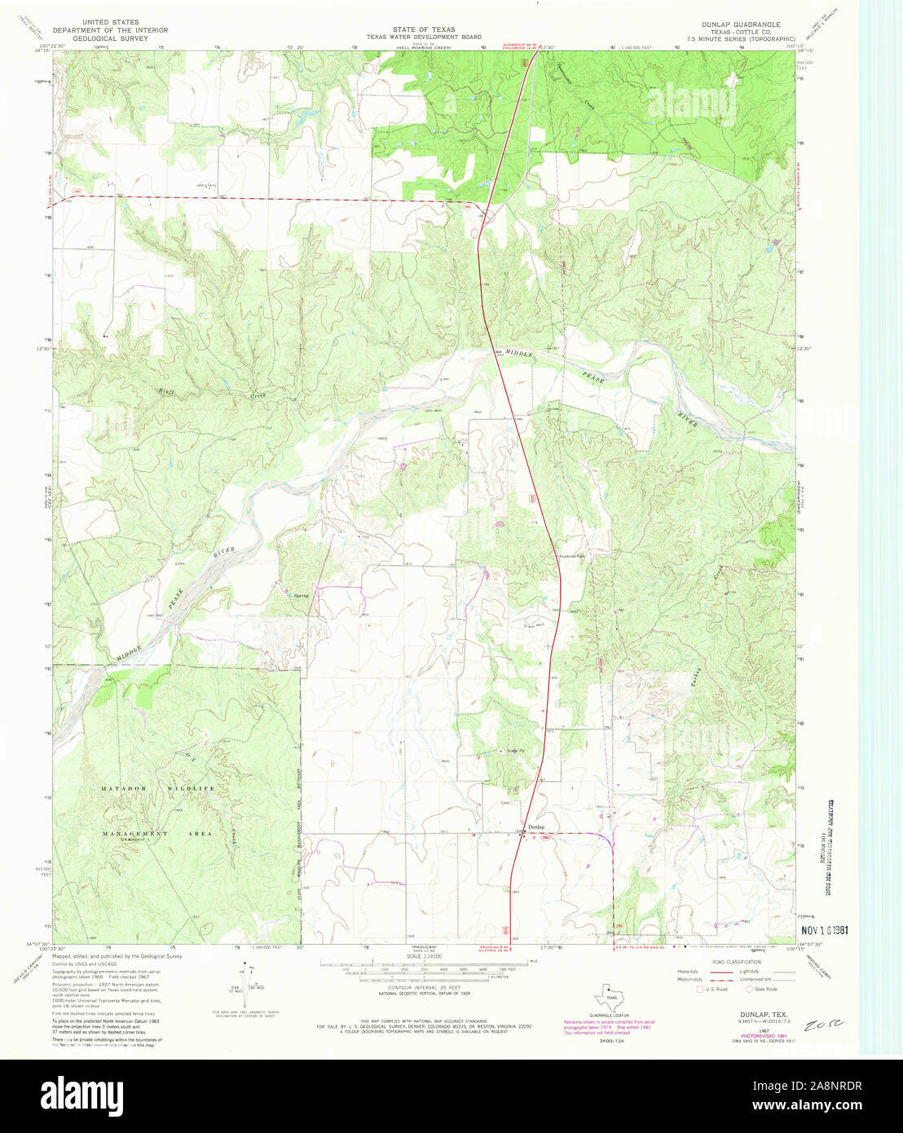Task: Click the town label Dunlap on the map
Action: [535, 827]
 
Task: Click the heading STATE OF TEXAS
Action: [423, 29]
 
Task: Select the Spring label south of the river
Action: [302, 596]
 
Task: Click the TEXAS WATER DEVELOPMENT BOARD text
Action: [423, 37]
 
